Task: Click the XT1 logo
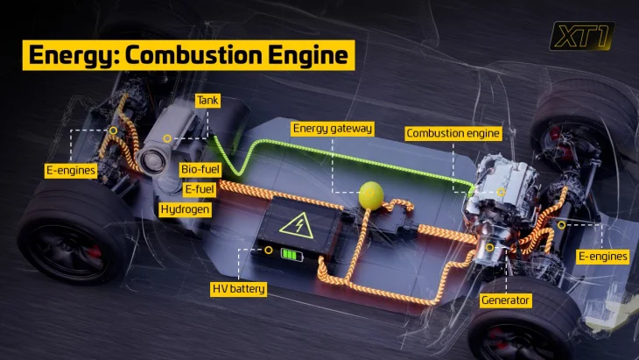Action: (581, 36)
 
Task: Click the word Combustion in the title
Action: (193, 55)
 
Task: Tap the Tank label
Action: (207, 101)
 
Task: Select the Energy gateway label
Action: (333, 129)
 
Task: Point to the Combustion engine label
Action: (453, 133)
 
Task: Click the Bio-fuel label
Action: (200, 169)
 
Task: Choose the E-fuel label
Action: (200, 189)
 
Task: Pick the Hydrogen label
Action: (185, 209)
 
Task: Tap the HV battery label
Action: (239, 289)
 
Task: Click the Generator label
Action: (505, 300)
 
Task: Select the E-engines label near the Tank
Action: (71, 171)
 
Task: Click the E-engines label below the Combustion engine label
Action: (603, 257)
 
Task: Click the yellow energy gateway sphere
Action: (371, 195)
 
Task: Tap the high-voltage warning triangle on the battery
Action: (297, 225)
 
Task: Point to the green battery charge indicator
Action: (292, 255)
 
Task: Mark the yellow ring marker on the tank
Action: (167, 138)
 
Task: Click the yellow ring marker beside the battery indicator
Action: (268, 250)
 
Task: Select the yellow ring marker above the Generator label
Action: (490, 248)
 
